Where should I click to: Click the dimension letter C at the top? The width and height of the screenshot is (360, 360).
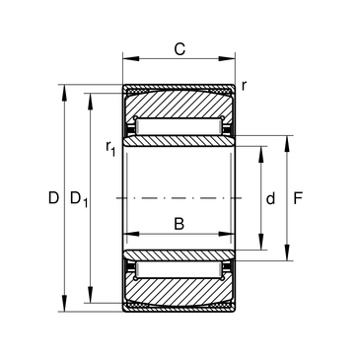180,49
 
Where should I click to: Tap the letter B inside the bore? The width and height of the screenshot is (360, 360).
179,224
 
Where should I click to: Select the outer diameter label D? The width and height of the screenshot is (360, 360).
53,198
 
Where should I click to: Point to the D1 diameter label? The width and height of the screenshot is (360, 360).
79,199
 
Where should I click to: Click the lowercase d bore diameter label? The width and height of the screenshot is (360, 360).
270,198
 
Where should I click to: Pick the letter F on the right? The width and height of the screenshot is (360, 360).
298,198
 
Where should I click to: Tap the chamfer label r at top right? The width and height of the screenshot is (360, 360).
244,86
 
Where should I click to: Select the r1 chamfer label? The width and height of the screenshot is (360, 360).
110,148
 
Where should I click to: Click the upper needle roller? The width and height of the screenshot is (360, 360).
179,126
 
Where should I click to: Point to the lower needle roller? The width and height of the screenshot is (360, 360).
179,269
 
